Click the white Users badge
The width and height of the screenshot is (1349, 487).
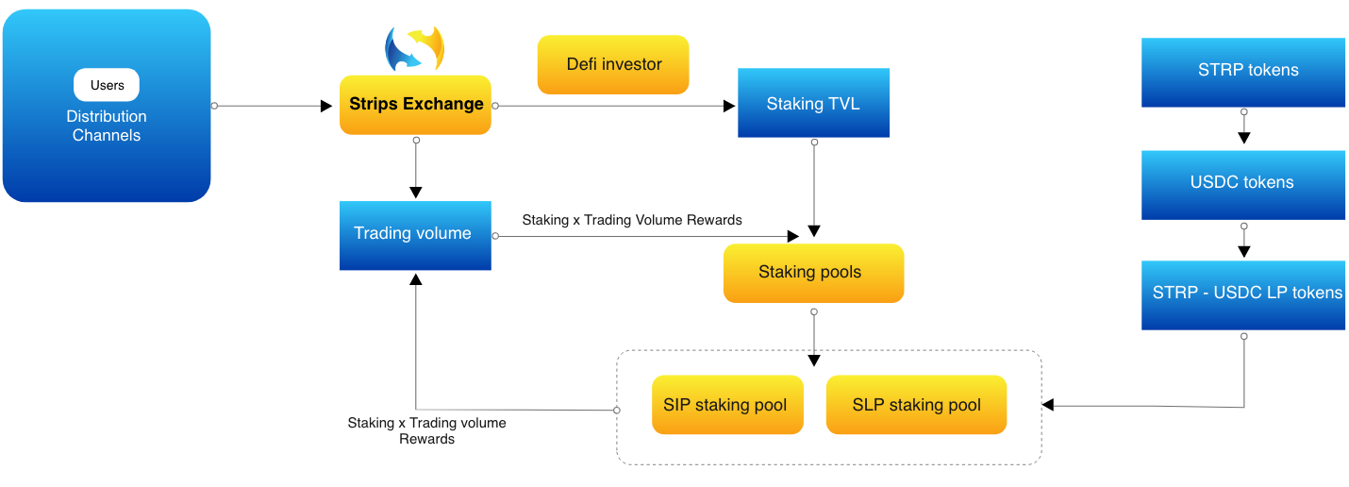(107, 85)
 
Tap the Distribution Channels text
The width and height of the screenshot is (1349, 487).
(107, 126)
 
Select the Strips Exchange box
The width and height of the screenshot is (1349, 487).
(416, 105)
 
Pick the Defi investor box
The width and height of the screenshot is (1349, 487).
(613, 65)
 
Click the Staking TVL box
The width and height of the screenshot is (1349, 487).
(813, 104)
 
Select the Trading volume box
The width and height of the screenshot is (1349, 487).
(415, 234)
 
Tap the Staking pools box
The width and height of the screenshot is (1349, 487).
(813, 273)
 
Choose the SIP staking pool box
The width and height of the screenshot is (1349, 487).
(727, 405)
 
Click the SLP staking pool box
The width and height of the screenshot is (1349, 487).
(916, 405)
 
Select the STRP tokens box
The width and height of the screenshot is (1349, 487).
(1243, 71)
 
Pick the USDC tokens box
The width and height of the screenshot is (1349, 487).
(1243, 183)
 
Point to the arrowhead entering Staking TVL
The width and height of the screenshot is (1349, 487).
(729, 106)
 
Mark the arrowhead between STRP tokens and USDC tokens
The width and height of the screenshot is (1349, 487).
(1243, 138)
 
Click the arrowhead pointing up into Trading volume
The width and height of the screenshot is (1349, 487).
(415, 278)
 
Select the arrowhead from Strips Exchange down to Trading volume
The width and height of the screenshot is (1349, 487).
(415, 191)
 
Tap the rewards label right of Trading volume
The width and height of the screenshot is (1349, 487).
(632, 220)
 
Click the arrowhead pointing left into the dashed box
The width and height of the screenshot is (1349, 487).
(1048, 406)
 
